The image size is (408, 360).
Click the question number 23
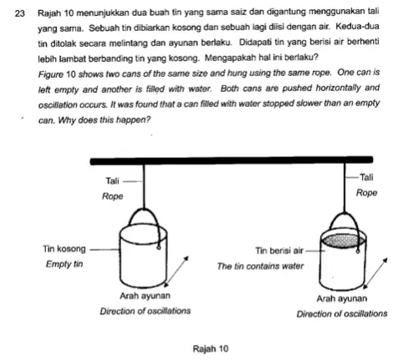tap(20, 13)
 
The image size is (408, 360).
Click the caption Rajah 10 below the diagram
tap(211, 348)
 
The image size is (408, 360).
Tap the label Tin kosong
tap(64, 249)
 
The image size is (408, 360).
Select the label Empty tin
tap(64, 264)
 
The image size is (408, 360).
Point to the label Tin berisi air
tap(279, 251)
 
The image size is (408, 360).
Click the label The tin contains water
tap(260, 266)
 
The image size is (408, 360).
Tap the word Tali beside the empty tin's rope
tap(112, 181)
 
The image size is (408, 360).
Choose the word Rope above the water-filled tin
tap(366, 193)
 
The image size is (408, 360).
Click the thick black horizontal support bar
tap(232, 160)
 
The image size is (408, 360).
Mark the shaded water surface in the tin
tap(344, 241)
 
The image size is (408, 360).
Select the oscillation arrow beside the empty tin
tap(176, 271)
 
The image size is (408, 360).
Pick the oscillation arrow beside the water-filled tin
tap(375, 273)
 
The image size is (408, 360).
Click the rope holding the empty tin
tap(144, 186)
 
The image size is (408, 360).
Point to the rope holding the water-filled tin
tap(344, 189)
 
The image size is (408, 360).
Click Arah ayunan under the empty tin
tap(145, 296)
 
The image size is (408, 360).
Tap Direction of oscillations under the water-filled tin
tap(342, 314)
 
